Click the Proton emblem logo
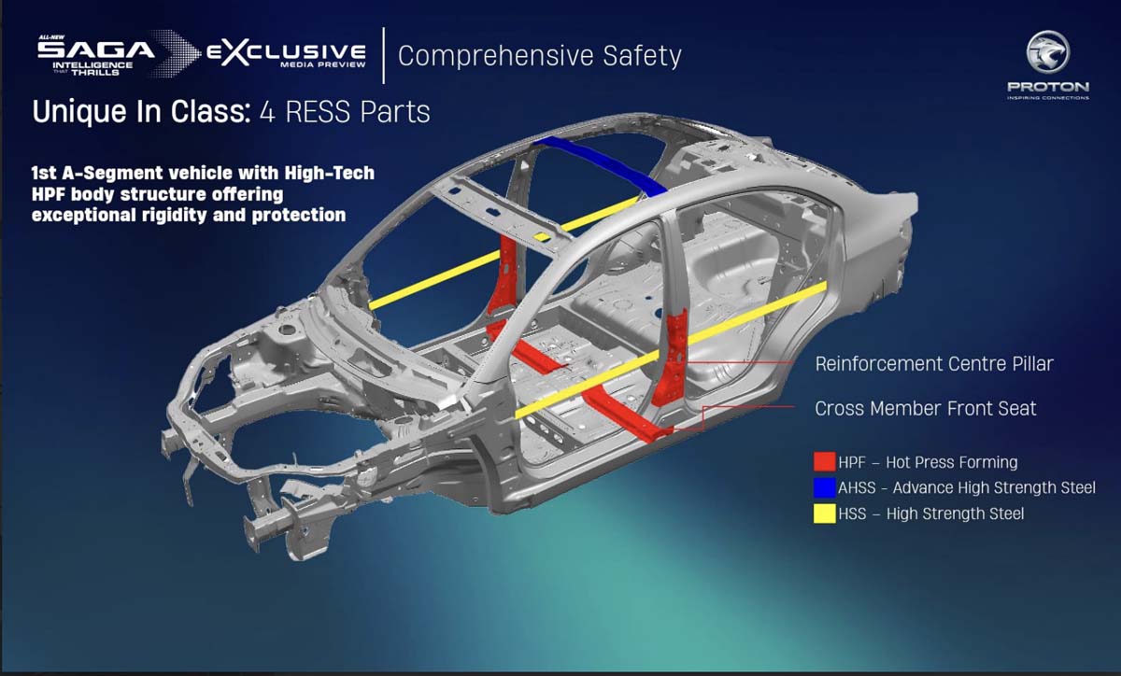tap(1047, 53)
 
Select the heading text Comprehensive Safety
tap(539, 55)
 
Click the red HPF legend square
tap(824, 462)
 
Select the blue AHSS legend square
tap(824, 487)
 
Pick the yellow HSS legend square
tap(824, 513)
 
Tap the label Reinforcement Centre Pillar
tap(933, 363)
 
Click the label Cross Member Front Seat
tap(925, 408)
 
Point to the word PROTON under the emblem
tap(1047, 87)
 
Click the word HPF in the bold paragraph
tap(49, 194)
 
